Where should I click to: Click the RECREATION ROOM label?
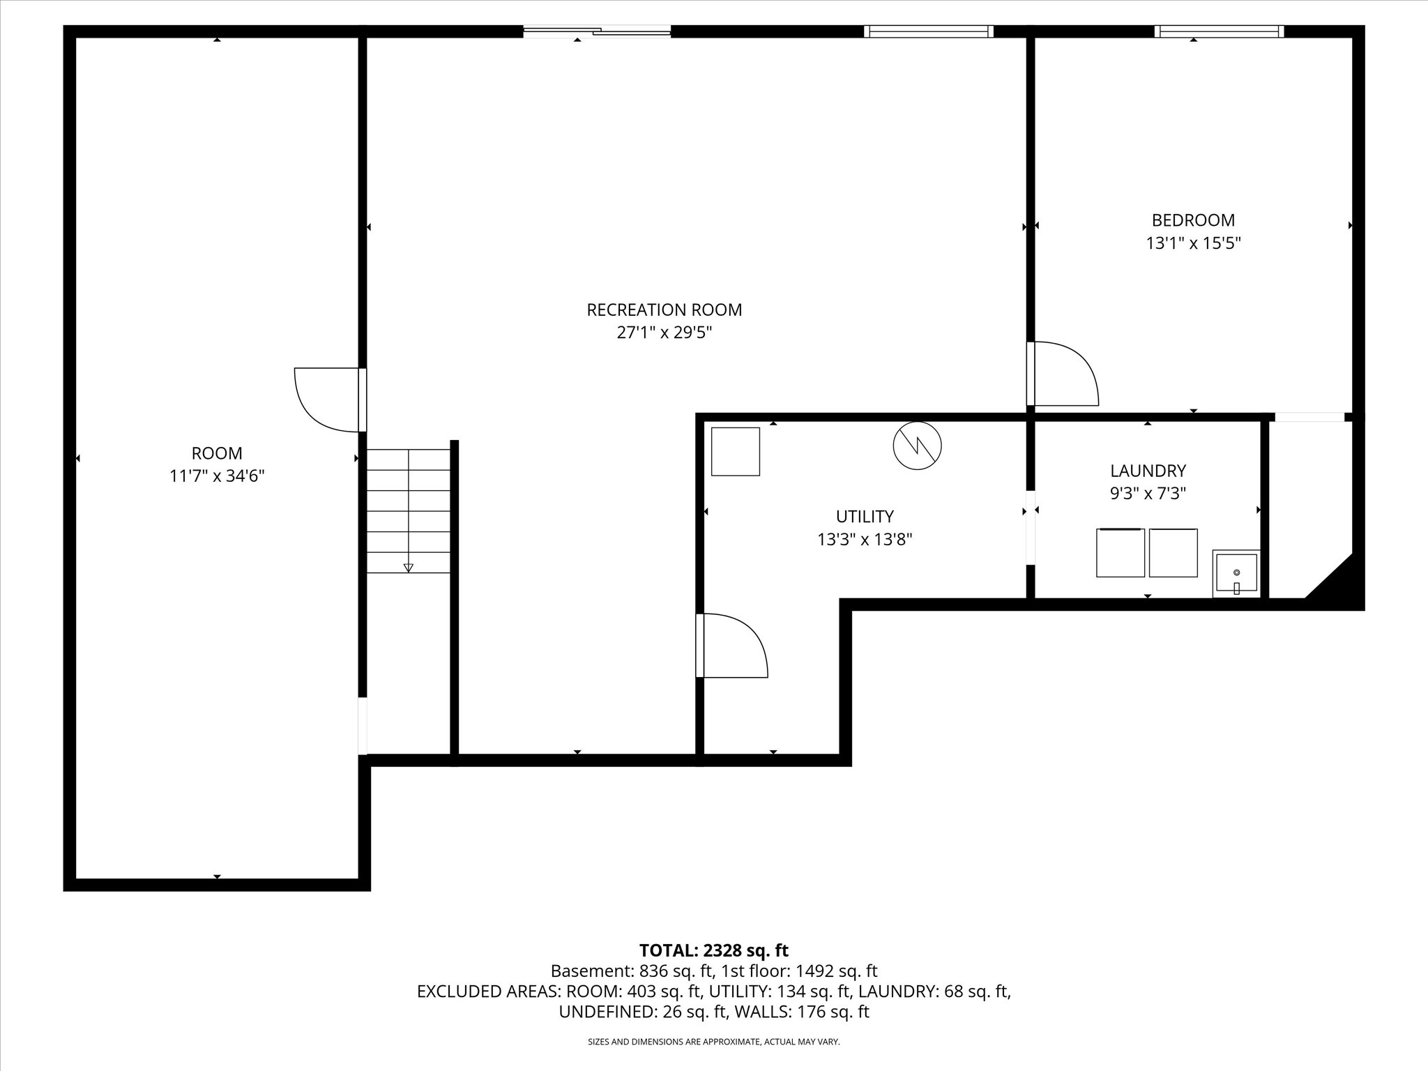(x=664, y=310)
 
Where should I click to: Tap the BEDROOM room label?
(x=1193, y=220)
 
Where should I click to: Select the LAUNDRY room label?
(x=1148, y=471)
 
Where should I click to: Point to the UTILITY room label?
(x=865, y=517)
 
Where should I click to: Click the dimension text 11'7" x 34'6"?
(x=217, y=476)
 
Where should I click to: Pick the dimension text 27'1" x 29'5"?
(x=664, y=333)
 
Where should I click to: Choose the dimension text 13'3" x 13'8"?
(x=865, y=540)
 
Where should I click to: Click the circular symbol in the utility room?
(x=917, y=445)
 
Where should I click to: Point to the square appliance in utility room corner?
(x=735, y=451)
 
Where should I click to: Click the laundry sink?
(x=1236, y=574)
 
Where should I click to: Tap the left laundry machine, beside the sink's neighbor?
(x=1121, y=553)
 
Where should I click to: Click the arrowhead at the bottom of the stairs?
(x=409, y=568)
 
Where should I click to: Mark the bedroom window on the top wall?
(x=1219, y=31)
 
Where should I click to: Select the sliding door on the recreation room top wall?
(x=597, y=31)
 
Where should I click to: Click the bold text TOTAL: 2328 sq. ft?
(x=714, y=950)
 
